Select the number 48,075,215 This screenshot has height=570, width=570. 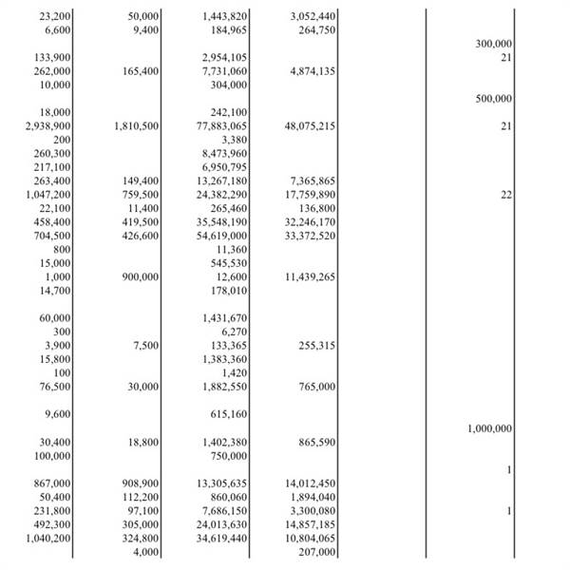tap(310, 125)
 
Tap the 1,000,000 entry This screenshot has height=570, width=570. tap(490, 428)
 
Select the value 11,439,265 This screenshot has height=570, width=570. tap(310, 276)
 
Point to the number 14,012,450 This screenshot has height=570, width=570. tap(310, 484)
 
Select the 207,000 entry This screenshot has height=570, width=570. tap(316, 552)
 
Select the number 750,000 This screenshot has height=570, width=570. tap(229, 456)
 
